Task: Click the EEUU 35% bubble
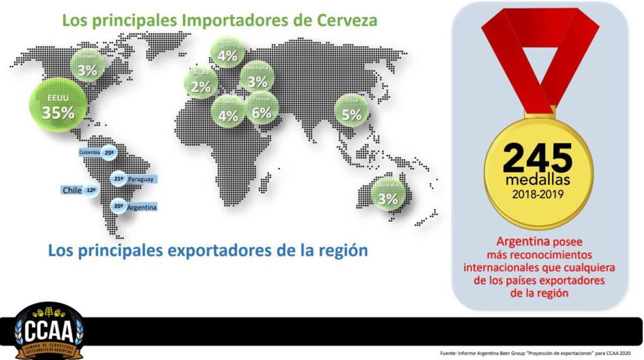pos(57,106)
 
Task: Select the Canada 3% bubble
pos(87,65)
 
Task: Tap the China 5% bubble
pos(352,110)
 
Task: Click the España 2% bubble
pos(201,83)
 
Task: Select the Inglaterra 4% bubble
pos(228,52)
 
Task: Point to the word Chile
pos(72,190)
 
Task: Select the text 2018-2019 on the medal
pos(538,194)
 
